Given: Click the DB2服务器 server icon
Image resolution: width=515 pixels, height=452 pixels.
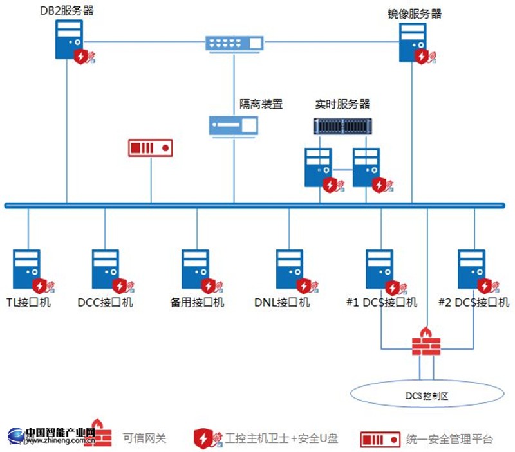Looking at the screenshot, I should [x=68, y=39].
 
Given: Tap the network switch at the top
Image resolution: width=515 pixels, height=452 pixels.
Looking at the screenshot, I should [x=234, y=43].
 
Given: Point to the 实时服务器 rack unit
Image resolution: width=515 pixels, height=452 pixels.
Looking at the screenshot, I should [x=344, y=125].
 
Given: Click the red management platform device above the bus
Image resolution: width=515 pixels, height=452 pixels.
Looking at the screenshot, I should [x=151, y=148].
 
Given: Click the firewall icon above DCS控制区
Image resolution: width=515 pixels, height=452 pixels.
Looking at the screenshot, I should [x=426, y=341].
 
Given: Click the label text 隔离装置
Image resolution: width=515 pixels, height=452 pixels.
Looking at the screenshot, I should [x=261, y=104].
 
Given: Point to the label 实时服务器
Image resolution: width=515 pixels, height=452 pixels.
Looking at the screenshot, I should [x=342, y=104].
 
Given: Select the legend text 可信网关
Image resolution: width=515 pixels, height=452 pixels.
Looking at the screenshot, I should [x=144, y=438].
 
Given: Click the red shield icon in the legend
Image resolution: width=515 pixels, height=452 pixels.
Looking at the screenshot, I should [x=205, y=438].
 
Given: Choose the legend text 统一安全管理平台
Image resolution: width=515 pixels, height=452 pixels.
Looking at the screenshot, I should [x=450, y=439].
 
